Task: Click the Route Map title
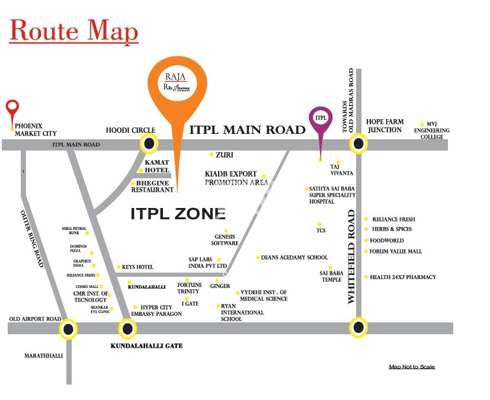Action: coord(74,31)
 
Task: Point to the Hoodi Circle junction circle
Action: coord(149,143)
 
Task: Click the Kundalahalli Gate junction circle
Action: coord(127,328)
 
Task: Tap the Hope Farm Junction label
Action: coord(385,126)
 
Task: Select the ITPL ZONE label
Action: coord(178,214)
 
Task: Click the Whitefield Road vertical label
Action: coord(351,256)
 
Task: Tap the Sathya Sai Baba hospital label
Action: coord(332,195)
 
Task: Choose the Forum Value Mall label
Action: coord(396,251)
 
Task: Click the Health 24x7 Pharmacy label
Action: coord(402,277)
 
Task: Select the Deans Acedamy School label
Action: coord(294,258)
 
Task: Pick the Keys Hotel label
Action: coord(137,267)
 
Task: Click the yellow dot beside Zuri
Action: coord(212,155)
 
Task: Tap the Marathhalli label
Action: coord(41,356)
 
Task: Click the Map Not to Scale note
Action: coord(412,367)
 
